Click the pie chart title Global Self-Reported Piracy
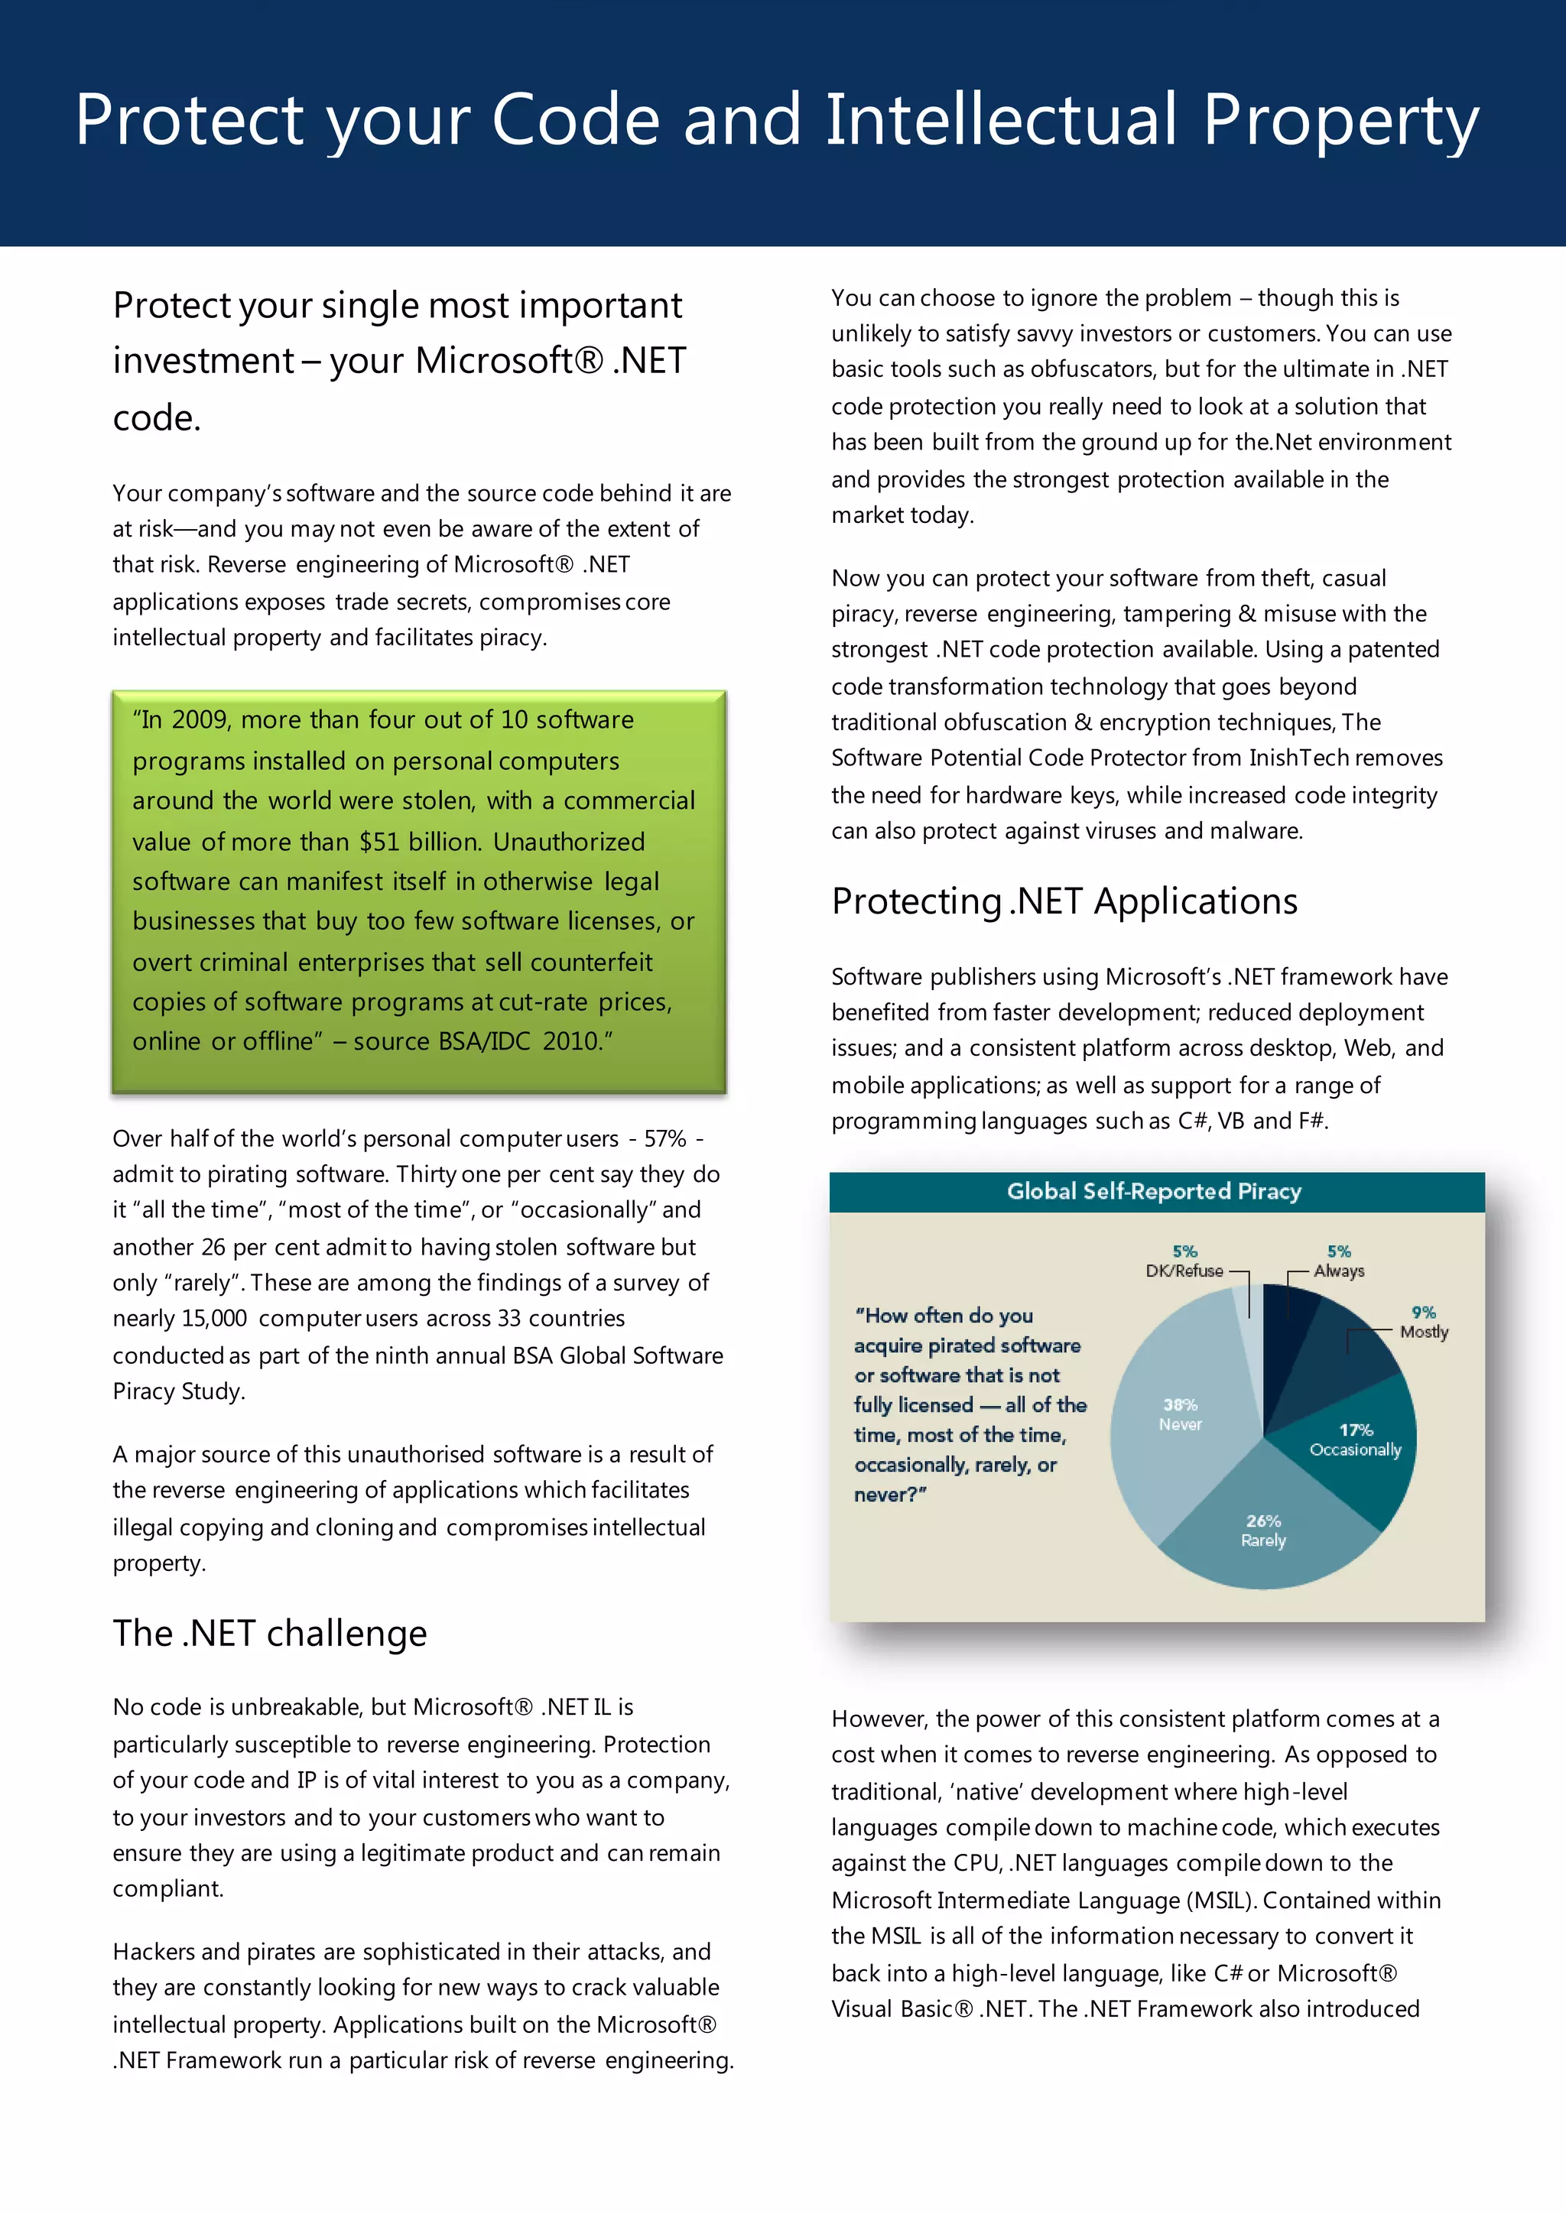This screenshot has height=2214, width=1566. pyautogui.click(x=1155, y=1191)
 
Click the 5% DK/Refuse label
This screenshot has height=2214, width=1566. pyautogui.click(x=1184, y=1261)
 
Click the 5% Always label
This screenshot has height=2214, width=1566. pyautogui.click(x=1338, y=1261)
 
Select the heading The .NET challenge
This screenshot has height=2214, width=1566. pyautogui.click(x=269, y=1634)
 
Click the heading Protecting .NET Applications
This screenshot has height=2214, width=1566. pyautogui.click(x=1064, y=901)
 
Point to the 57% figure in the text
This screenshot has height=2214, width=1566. pyautogui.click(x=664, y=1139)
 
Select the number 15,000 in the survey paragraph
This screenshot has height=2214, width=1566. pyautogui.click(x=213, y=1318)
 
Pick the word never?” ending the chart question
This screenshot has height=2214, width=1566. pyautogui.click(x=890, y=1495)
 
